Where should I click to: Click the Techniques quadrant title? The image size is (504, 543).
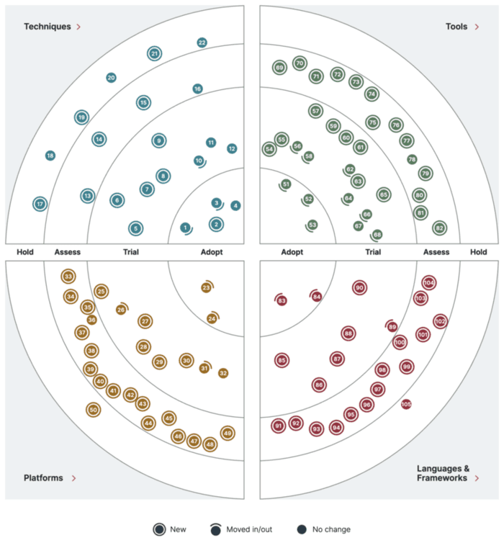(48, 27)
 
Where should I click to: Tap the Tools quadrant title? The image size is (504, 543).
(456, 27)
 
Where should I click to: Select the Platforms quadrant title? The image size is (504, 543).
(43, 477)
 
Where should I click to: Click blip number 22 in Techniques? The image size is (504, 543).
(202, 42)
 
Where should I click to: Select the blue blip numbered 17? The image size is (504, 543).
(40, 205)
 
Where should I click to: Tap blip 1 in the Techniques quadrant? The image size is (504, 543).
(185, 228)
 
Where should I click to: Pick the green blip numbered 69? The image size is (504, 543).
(279, 68)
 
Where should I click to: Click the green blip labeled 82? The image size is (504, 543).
(439, 228)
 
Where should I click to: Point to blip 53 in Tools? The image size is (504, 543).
(312, 225)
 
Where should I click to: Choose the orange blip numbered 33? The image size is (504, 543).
(68, 277)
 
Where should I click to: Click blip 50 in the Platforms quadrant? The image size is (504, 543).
(93, 410)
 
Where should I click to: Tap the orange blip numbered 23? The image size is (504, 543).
(206, 288)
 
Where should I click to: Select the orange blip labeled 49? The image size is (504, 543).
(228, 434)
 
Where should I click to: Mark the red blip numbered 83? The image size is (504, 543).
(282, 300)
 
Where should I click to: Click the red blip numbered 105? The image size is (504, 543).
(406, 404)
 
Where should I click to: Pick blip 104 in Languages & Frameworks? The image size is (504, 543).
(429, 283)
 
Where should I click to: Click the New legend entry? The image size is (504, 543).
(169, 529)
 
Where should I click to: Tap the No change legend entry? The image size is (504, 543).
(323, 529)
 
